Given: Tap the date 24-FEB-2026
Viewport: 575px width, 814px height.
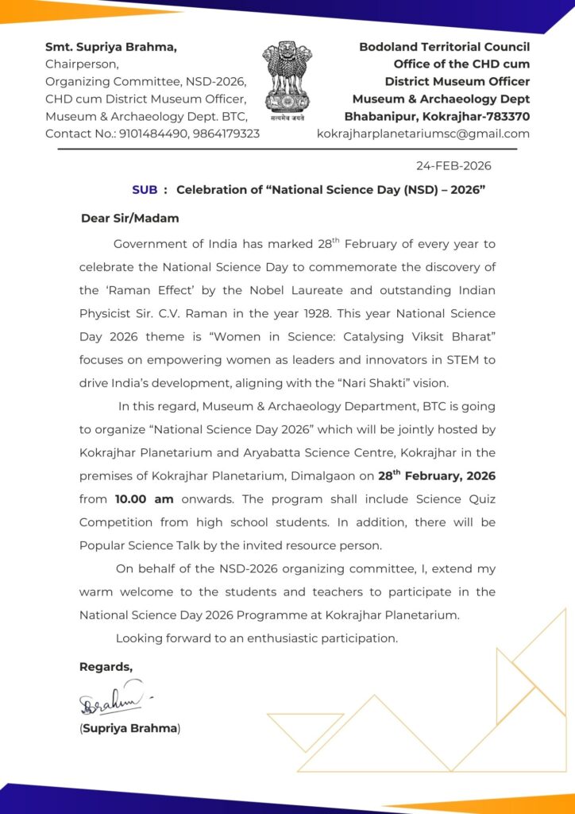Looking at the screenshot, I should [x=453, y=166].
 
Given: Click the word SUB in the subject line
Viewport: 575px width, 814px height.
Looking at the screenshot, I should [x=145, y=189].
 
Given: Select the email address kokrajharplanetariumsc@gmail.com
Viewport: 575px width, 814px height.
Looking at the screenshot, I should [x=423, y=134].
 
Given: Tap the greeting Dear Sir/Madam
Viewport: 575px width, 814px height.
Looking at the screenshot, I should [x=129, y=219].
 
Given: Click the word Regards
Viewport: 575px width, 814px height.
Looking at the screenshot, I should [x=106, y=666].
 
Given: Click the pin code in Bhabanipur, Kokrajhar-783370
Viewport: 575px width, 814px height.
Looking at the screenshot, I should [x=504, y=116].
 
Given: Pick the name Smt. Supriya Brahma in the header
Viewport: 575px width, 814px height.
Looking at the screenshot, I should [x=111, y=47].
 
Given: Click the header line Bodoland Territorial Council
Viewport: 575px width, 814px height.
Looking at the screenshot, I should [x=444, y=47].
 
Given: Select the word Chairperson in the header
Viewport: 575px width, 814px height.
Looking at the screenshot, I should [x=82, y=64].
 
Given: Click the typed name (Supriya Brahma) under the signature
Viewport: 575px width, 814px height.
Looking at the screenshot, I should [x=129, y=728].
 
